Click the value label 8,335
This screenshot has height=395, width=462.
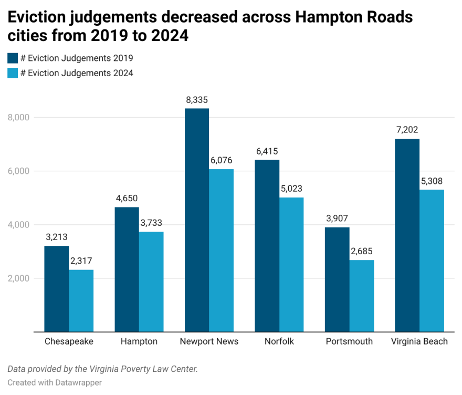[x=197, y=100]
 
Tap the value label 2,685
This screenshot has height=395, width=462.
[x=362, y=251]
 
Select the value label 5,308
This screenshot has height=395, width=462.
[x=432, y=181]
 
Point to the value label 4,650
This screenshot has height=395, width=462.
[x=127, y=199]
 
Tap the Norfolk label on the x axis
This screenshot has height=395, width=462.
[x=279, y=341]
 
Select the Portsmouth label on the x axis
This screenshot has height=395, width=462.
[x=349, y=341]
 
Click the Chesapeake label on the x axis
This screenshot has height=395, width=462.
[x=69, y=341]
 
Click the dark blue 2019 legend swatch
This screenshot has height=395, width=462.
[x=13, y=58]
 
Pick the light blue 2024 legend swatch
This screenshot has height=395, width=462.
[x=13, y=73]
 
